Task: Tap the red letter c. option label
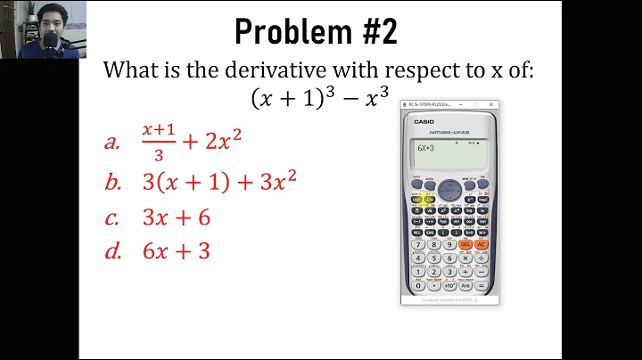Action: (x=111, y=217)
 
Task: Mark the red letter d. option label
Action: (x=112, y=251)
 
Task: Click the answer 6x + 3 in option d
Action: (x=177, y=251)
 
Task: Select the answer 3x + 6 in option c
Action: (x=177, y=217)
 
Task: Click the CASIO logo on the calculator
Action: (x=424, y=122)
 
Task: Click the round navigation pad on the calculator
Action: (x=449, y=190)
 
